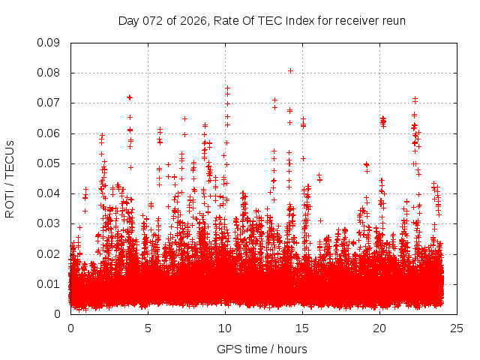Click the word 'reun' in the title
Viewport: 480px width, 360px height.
coord(394,20)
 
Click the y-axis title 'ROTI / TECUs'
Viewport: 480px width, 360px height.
coord(10,178)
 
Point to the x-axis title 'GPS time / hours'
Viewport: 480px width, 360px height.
coord(262,349)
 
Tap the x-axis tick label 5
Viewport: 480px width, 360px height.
coord(148,328)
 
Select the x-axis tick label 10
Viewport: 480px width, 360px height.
coord(225,328)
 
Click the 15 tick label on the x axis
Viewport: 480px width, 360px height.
coord(302,328)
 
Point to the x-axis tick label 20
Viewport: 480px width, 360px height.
coord(379,328)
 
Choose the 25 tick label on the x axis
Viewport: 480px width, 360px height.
coord(457,328)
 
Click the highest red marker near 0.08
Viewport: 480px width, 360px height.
coord(290,71)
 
